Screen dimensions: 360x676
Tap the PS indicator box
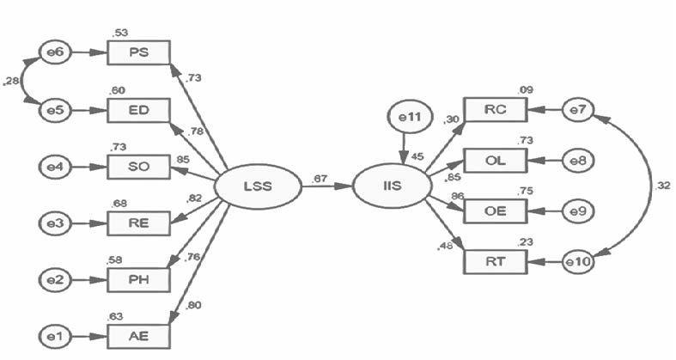139,54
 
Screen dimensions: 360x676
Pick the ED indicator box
139,111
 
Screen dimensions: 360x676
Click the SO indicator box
139,167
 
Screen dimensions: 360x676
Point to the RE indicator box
139,223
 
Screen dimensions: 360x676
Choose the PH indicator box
139,279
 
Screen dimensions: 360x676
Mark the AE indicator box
139,334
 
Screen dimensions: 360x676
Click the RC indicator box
496,110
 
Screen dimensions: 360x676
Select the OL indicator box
496,160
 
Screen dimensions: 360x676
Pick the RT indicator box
496,259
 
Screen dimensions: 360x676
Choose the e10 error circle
577,259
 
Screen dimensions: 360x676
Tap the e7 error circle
577,110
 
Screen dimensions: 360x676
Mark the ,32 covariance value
662,185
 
